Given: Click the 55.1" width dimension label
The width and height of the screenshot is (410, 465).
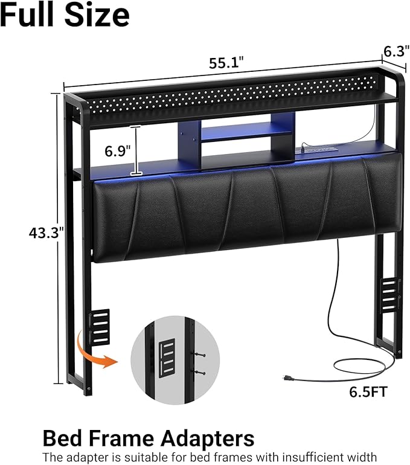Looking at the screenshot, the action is pos(226,63).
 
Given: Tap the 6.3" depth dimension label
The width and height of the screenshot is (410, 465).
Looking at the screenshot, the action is pos(396,51).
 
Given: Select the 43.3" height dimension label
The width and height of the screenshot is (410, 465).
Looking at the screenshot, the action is pos(46,232).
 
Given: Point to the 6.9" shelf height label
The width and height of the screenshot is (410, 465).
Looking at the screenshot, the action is pos(117,151).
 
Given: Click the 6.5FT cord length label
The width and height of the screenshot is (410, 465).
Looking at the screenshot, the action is pos(368,392).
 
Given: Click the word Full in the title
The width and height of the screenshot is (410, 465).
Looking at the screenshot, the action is pos(29,15).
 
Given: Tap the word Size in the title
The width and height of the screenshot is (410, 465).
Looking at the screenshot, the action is pos(97,15).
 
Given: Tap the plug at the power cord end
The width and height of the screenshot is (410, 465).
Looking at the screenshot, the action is pos(288,378).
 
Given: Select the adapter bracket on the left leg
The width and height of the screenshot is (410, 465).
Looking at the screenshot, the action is pos(99,327).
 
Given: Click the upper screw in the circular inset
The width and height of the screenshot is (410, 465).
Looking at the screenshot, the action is pos(199,354).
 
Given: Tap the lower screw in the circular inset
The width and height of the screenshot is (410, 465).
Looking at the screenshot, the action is pos(199,373).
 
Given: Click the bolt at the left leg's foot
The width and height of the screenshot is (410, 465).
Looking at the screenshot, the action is pos(89,388).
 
